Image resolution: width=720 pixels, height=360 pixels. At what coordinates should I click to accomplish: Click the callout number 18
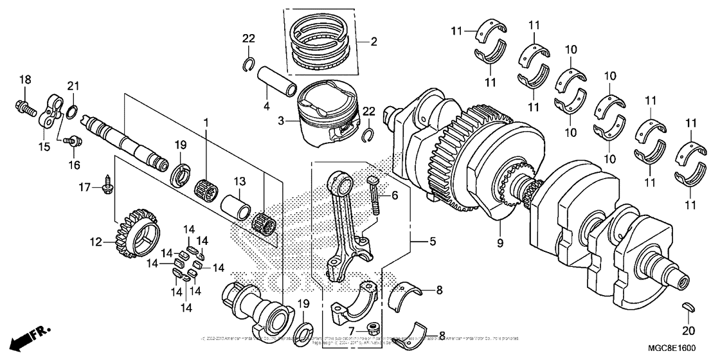pos(24,79)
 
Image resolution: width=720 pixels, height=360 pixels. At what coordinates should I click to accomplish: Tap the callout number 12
pos(96,242)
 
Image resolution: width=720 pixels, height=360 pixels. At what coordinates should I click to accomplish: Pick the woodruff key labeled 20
pos(687,307)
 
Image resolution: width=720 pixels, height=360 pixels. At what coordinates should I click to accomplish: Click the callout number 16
pos(75,165)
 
